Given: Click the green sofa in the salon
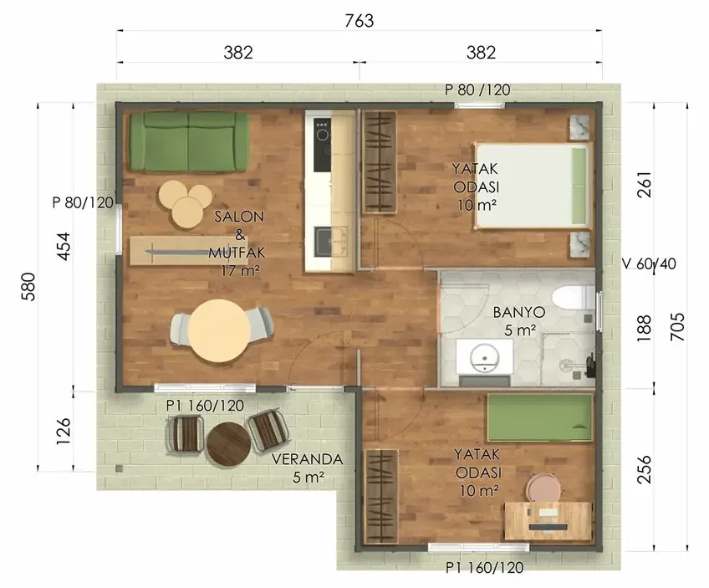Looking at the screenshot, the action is coord(189,141).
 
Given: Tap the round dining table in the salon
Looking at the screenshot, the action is coord(220,330).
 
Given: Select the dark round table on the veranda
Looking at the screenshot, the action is coord(228,443).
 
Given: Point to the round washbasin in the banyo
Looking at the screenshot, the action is coord(485,356).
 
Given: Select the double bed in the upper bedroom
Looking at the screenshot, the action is coord(533,186).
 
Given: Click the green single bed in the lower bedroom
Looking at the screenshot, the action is coord(540,417).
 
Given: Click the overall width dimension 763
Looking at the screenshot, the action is coord(360,20).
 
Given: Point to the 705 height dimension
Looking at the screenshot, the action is coord(677,326).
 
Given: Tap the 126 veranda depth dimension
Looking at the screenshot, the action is coord(64,431).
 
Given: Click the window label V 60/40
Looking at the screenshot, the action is coord(650,263).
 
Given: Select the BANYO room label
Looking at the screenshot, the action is coord(518,312).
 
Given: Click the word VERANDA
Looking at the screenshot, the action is coord(308,459).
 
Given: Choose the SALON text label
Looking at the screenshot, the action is coord(239,216).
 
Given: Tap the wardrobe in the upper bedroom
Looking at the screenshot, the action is coord(380,161).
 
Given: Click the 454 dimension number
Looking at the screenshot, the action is coord(64,246).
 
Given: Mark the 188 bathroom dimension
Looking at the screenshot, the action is coord(644,328).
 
